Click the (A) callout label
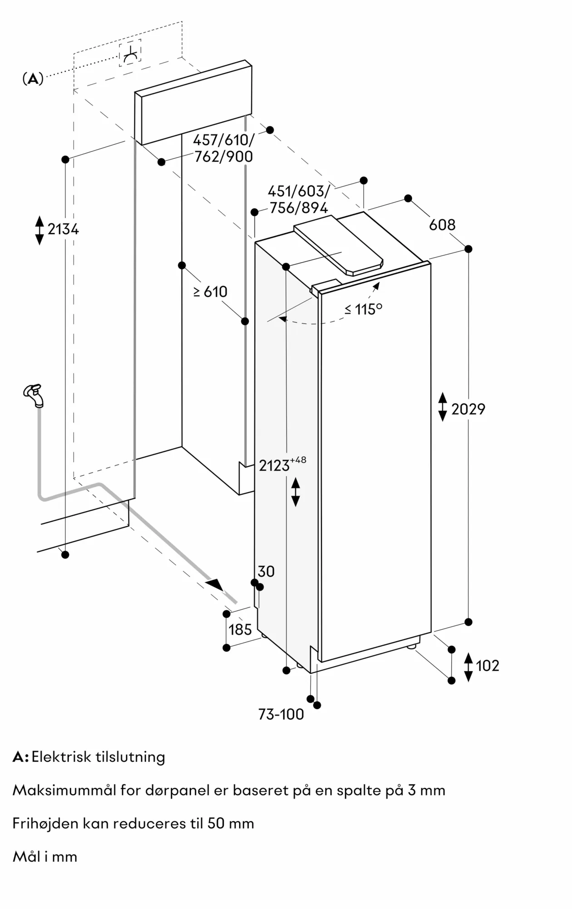tap(33, 79)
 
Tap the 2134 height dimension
tap(63, 229)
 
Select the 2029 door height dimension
tap(468, 409)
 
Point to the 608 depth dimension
tap(442, 225)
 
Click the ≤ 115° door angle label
tap(363, 309)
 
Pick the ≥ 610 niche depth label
tap(210, 291)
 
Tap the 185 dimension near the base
tap(240, 629)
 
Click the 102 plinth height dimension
tap(488, 666)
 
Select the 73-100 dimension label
tap(281, 714)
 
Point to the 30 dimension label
tap(266, 571)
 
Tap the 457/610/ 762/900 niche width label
tap(223, 148)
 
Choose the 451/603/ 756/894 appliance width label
tap(298, 200)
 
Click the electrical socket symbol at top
tap(130, 53)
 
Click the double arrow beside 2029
tap(442, 407)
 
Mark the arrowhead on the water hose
tap(215, 584)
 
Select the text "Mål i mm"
tap(45, 857)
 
